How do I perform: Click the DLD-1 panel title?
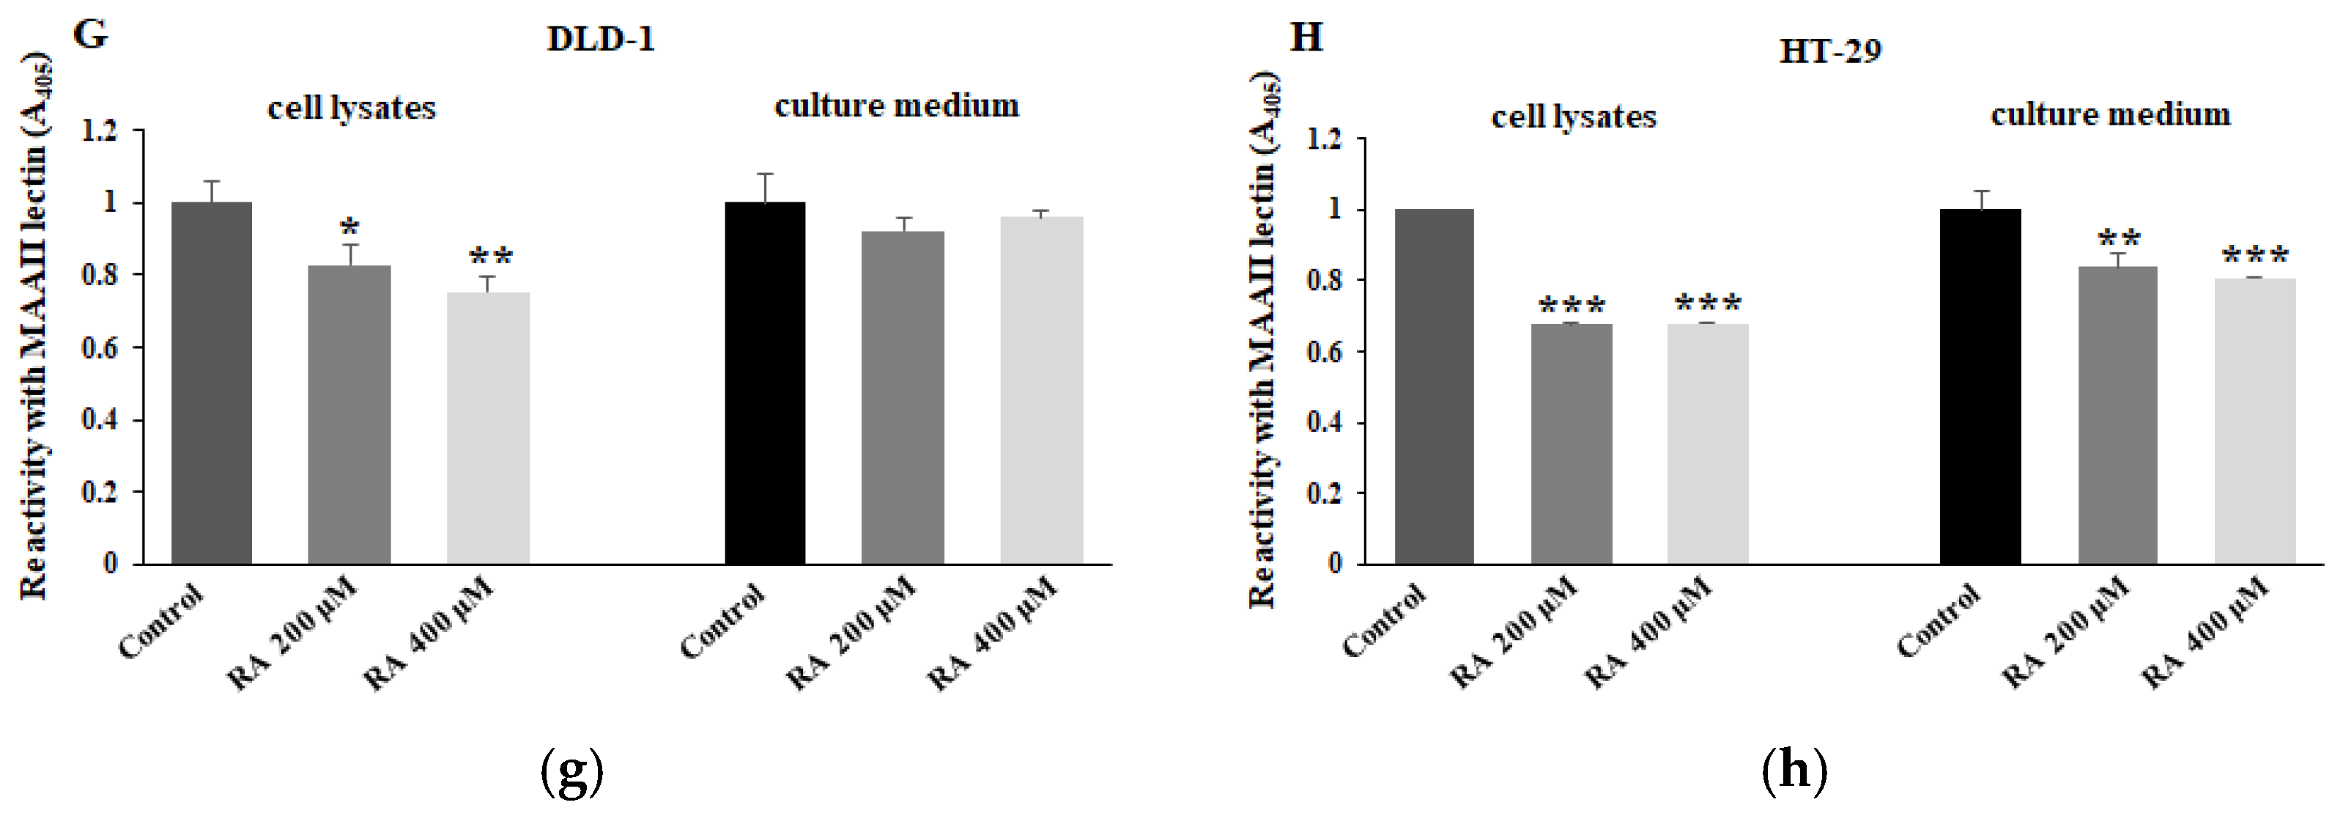point(600,39)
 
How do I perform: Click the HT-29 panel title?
point(1829,51)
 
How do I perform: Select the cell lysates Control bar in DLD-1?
point(211,382)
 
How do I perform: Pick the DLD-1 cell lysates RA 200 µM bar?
point(349,414)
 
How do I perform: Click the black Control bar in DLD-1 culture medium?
point(764,382)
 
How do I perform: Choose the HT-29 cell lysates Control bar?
point(1434,386)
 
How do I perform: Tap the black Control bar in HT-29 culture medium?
point(1980,386)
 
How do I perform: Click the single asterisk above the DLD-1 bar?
point(349,227)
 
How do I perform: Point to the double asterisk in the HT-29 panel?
point(2118,239)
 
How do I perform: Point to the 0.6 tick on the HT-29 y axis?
point(1325,351)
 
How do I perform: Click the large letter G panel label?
point(90,34)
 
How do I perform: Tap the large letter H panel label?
point(1306,38)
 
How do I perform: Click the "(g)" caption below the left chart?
point(571,771)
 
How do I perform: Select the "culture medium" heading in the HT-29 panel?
point(2110,114)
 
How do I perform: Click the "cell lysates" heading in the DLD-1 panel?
point(351,109)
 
